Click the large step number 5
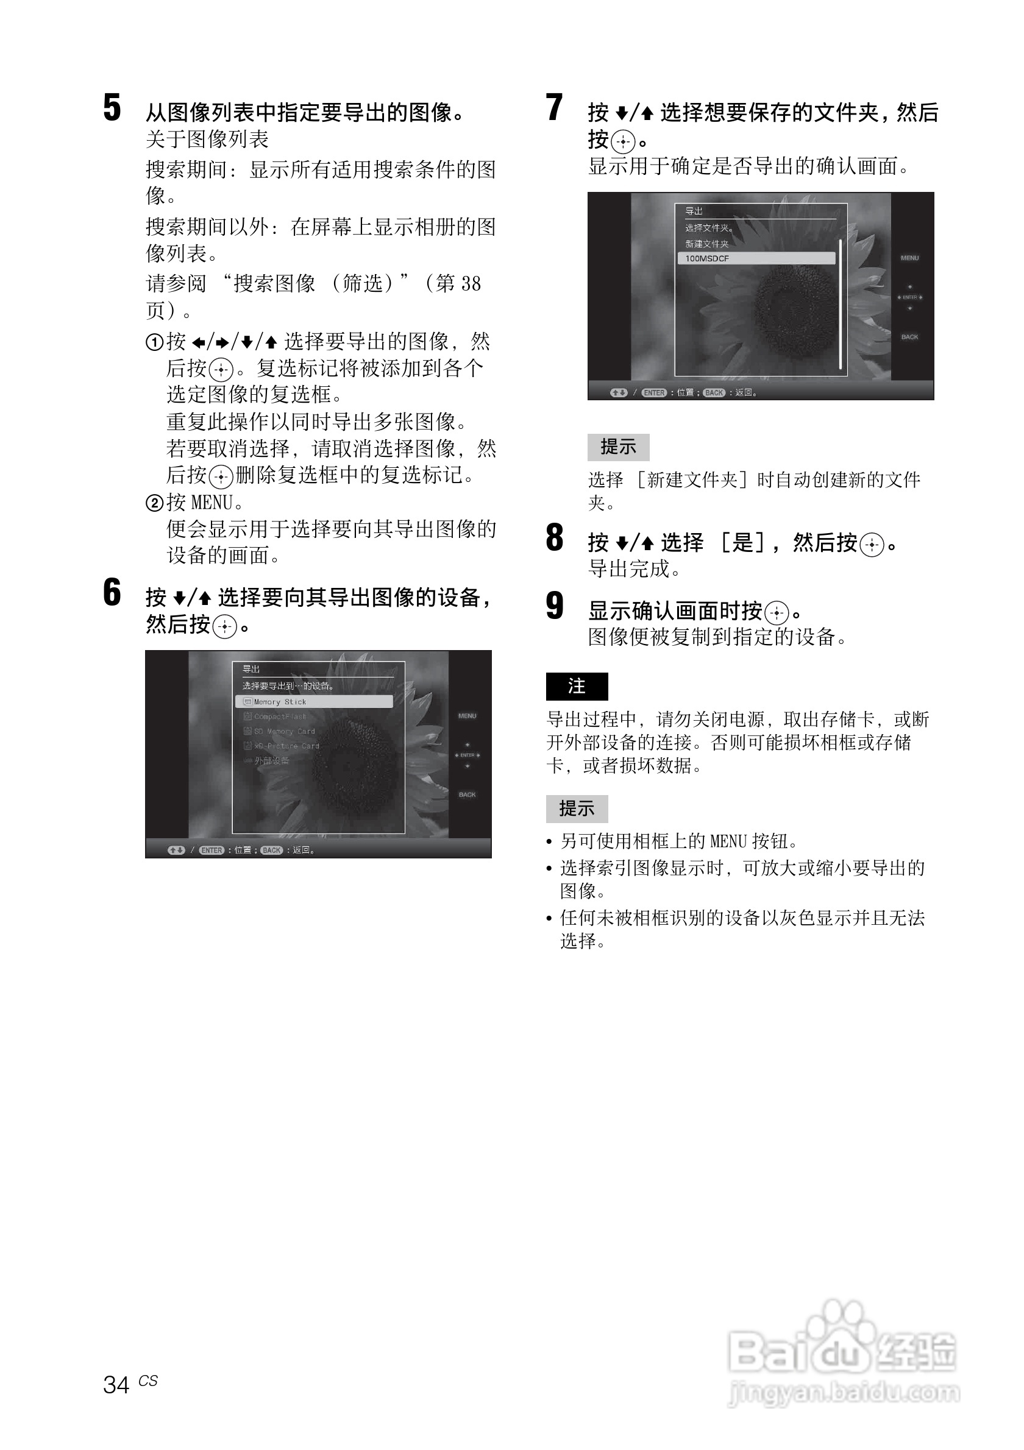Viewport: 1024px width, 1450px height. coord(112,107)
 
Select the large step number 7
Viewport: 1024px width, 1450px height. coord(554,107)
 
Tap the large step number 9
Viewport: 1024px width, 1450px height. coord(555,606)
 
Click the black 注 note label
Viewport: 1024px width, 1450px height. coord(577,687)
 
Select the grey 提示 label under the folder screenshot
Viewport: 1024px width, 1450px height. coord(618,447)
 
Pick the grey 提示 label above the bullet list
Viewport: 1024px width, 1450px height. coord(577,808)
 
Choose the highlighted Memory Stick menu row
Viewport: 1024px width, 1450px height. coord(314,702)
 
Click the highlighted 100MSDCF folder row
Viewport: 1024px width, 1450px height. coord(756,258)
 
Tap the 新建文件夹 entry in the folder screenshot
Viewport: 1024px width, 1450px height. coord(707,244)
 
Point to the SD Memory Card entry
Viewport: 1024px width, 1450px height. coord(283,731)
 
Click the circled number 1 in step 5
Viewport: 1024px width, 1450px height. coord(154,342)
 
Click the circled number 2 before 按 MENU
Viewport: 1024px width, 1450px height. coord(154,503)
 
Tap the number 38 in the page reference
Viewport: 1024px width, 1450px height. coord(471,283)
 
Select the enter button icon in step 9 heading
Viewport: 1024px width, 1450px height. coord(777,612)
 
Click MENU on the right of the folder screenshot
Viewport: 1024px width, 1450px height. coord(909,258)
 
